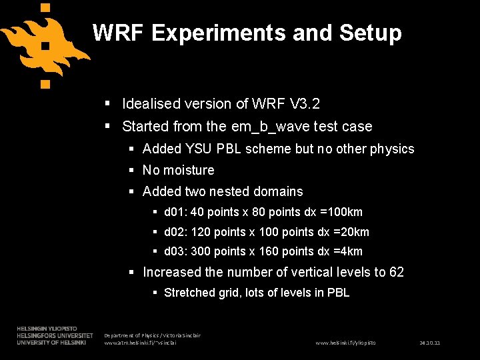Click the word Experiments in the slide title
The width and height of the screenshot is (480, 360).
[x=210, y=33]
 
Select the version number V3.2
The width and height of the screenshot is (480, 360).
[x=305, y=104]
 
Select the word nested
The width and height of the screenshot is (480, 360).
[x=232, y=191]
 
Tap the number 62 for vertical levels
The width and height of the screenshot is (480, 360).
[x=397, y=272]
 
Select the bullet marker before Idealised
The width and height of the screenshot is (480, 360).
[x=107, y=104]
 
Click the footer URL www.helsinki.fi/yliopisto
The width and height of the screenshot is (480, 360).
[x=346, y=343]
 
